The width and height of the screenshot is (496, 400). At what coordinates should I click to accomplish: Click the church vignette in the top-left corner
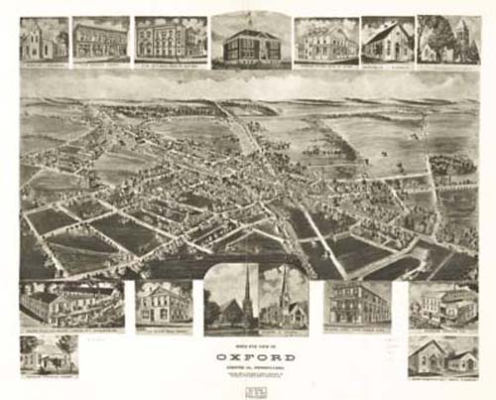(x=44, y=40)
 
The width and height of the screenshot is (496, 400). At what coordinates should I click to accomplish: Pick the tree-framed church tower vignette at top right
(x=448, y=40)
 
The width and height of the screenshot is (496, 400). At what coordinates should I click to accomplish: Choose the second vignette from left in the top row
(x=101, y=40)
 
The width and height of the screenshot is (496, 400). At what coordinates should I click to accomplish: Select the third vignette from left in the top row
(x=171, y=40)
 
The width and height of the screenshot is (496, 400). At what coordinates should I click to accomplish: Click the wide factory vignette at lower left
(x=71, y=304)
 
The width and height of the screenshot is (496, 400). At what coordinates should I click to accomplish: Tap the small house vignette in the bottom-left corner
(x=50, y=355)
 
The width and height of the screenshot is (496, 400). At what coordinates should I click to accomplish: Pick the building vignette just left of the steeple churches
(x=164, y=303)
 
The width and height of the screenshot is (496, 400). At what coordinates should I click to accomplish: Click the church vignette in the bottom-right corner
(x=443, y=355)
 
